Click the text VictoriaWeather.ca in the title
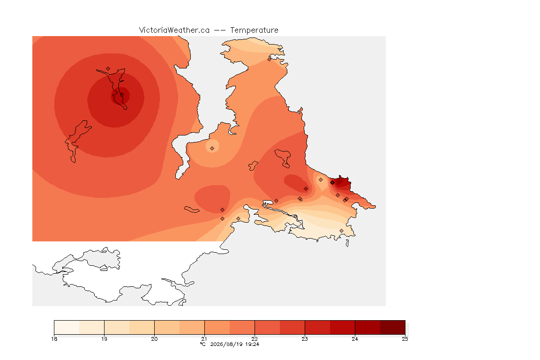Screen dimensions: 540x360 [x=174, y=30]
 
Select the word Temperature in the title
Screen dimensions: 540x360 [x=254, y=30]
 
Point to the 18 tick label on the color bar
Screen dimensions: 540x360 [x=54, y=339]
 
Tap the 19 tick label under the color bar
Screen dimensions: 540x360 [x=104, y=339]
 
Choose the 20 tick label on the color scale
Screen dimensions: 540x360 [x=154, y=339]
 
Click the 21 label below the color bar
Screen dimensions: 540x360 [x=204, y=339]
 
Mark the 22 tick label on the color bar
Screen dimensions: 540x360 [x=255, y=339]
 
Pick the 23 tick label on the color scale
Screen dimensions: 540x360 [x=305, y=339]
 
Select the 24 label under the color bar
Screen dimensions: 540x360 [x=355, y=339]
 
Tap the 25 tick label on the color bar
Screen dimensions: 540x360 [x=405, y=339]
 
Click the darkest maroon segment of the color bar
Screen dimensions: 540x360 [x=393, y=327]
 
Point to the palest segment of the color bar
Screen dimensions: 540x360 [x=67, y=327]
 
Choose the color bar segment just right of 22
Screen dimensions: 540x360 [x=267, y=327]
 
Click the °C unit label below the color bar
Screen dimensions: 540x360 [x=202, y=344]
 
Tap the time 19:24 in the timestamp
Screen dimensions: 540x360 [x=252, y=344]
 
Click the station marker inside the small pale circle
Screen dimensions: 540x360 [x=212, y=149]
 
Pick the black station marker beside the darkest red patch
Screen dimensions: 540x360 [x=332, y=183]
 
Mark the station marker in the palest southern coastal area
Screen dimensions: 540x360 [x=341, y=231]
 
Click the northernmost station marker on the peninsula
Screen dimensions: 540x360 [x=270, y=59]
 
